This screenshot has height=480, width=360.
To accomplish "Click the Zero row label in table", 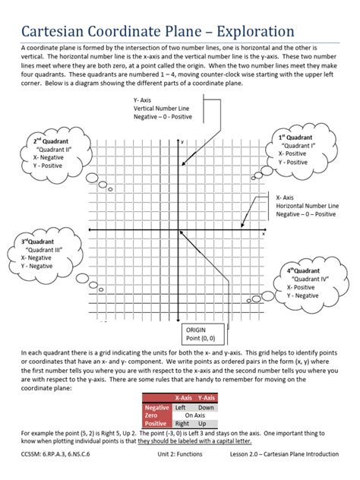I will pyautogui.click(x=152, y=415).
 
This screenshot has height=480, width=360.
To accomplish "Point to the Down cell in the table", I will pyautogui.click(x=206, y=407).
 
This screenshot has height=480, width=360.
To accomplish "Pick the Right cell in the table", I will pyautogui.click(x=183, y=424).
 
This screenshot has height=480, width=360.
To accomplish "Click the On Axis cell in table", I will pyautogui.click(x=195, y=415).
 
